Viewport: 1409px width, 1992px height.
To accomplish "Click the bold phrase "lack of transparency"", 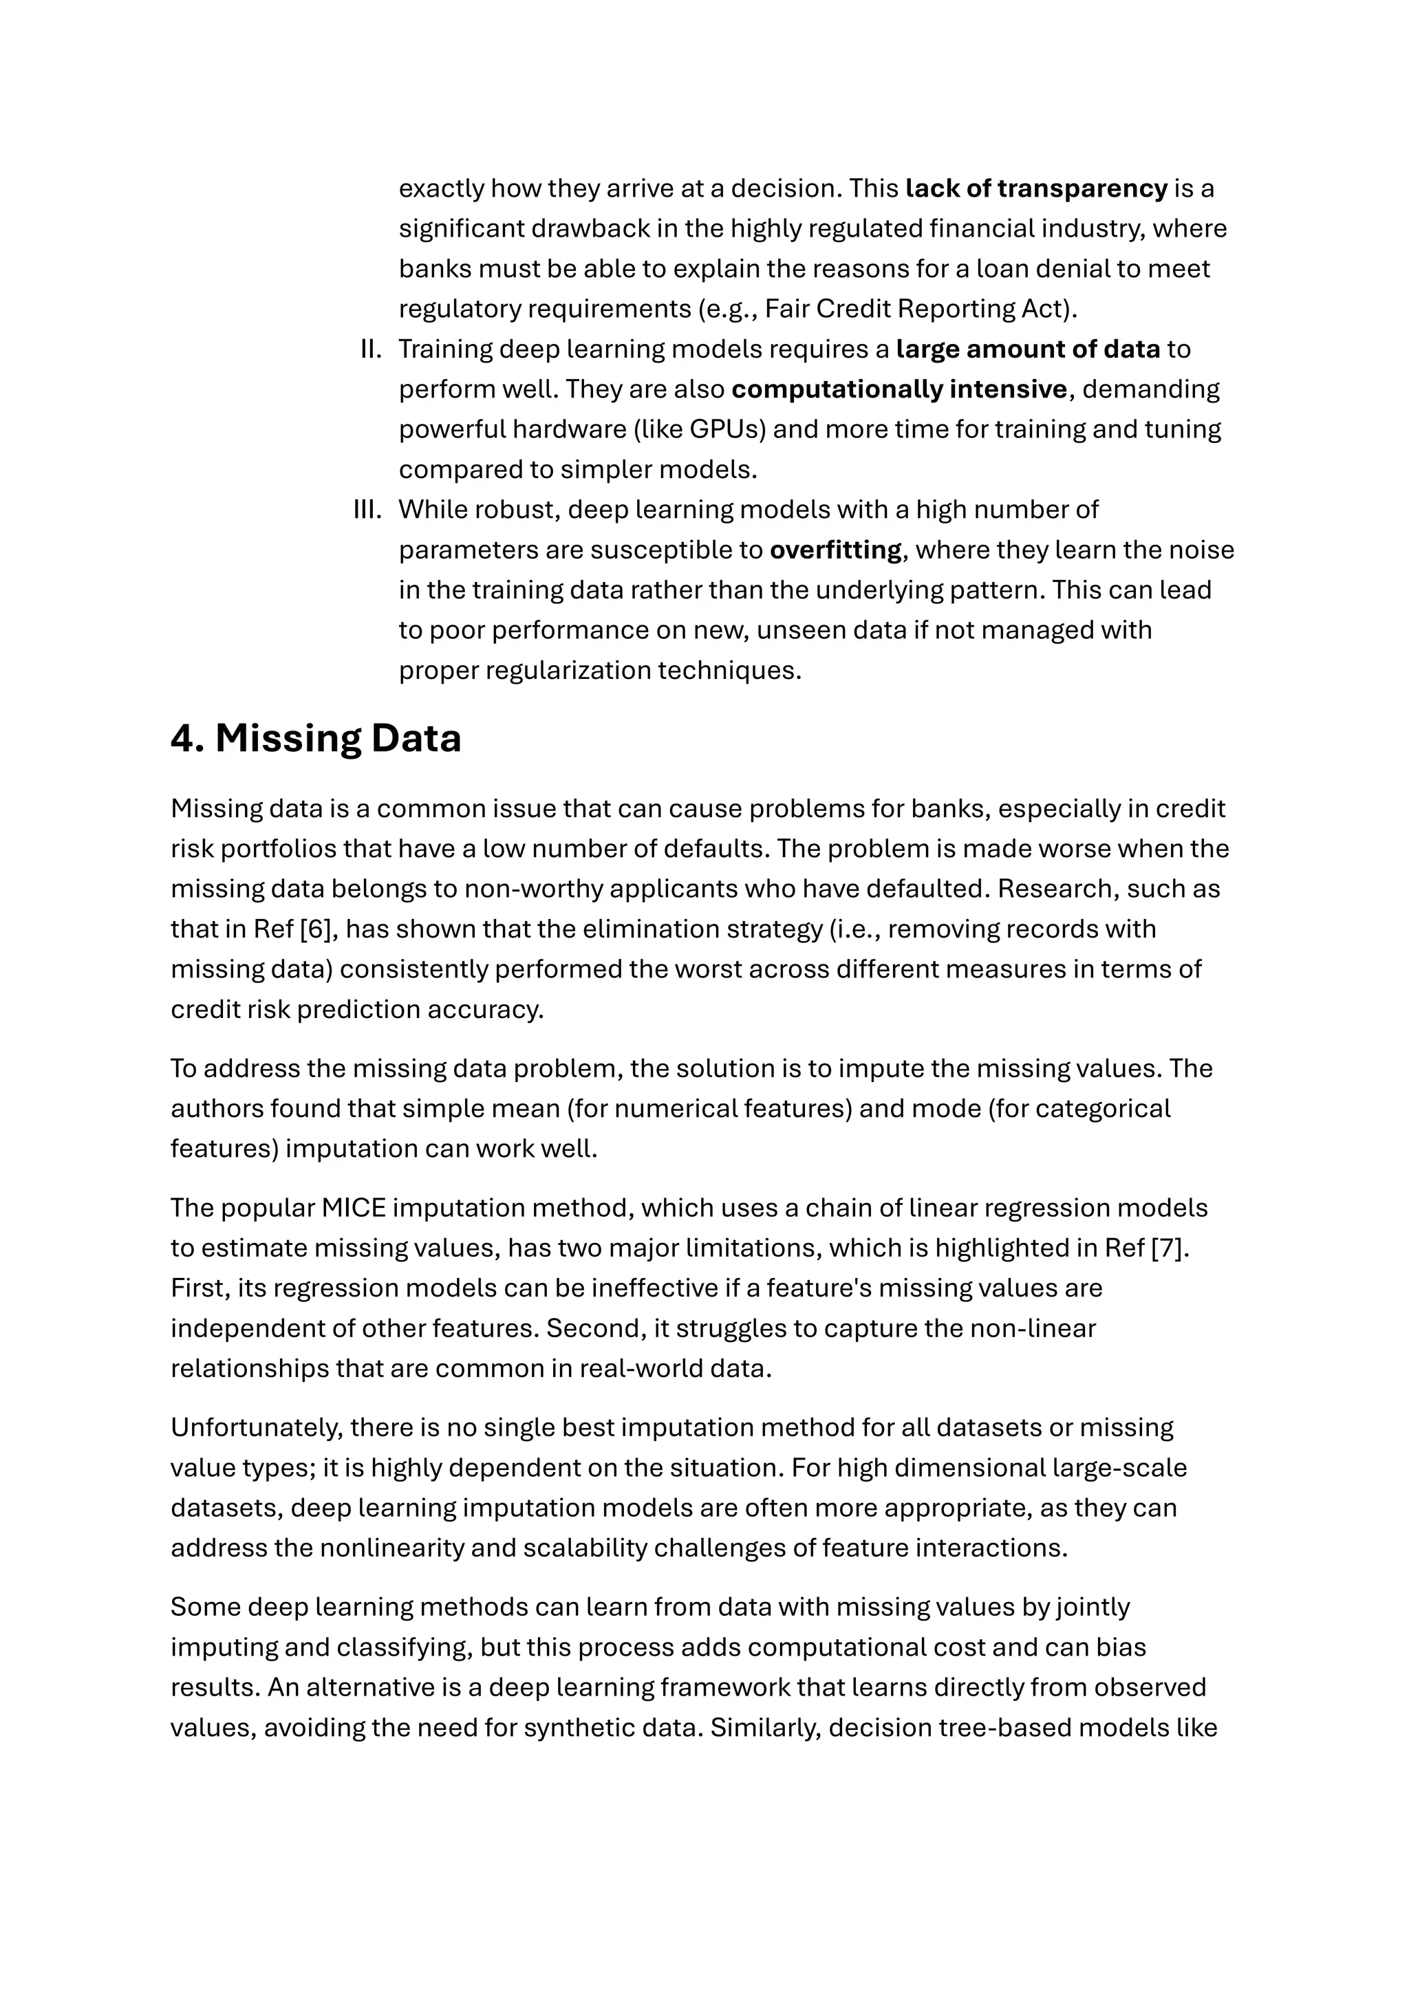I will [x=1036, y=188].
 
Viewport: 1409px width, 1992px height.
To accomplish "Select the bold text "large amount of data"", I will [x=1027, y=349].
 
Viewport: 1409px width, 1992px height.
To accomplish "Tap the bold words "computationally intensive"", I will [x=899, y=389].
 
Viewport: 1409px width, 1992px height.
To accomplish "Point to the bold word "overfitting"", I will [x=835, y=550].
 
